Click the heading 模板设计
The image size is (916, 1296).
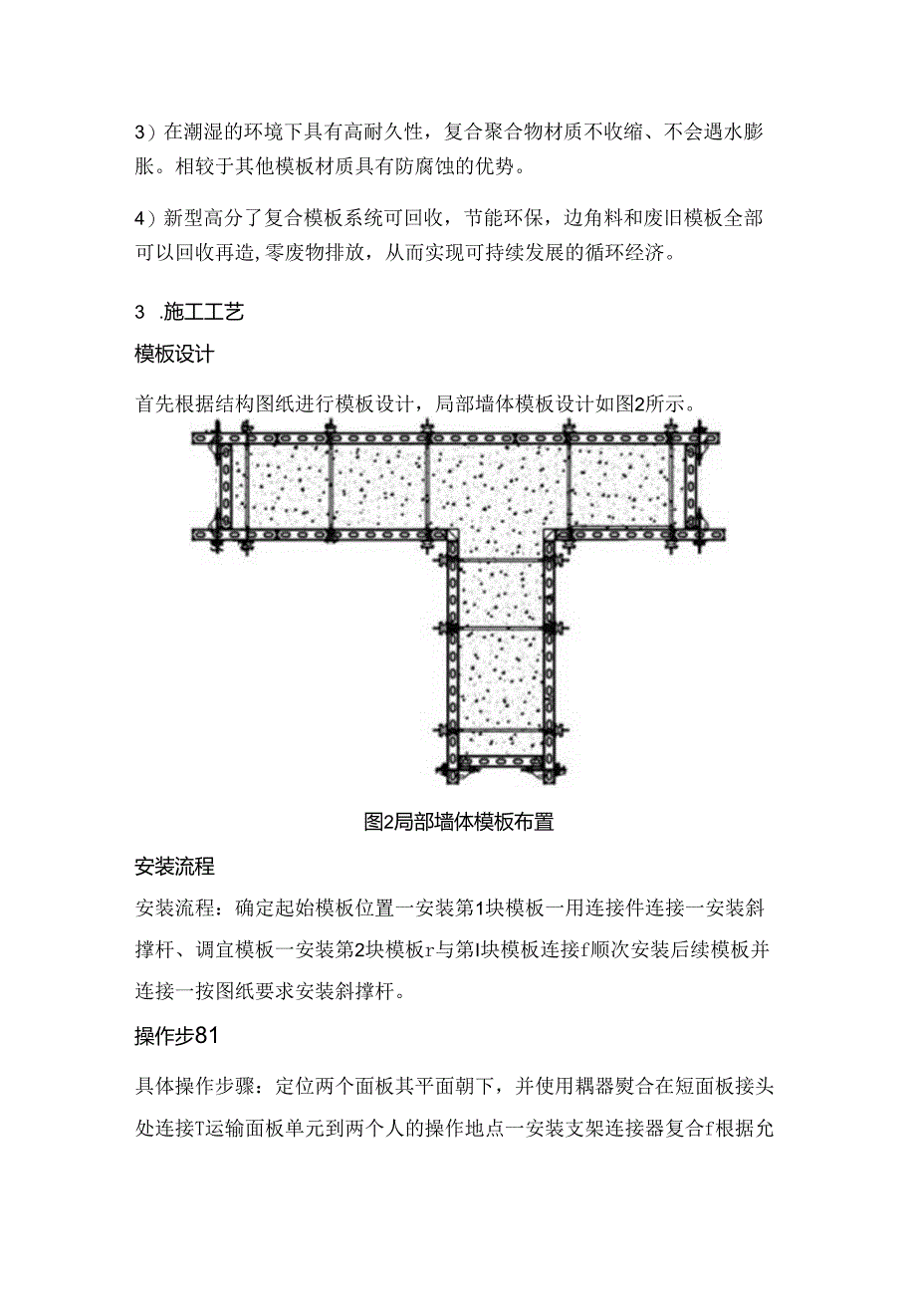pos(174,354)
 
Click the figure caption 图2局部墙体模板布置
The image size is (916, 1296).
pos(459,822)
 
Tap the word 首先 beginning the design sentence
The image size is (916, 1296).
pos(153,403)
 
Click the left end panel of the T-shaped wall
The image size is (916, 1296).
pos(227,486)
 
